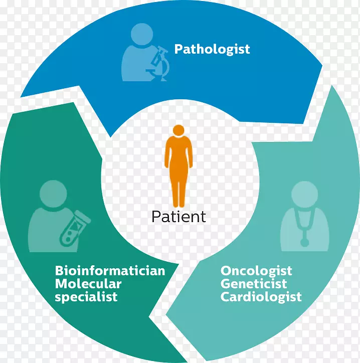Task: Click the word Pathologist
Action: coord(212,50)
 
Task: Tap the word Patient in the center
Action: coord(178,217)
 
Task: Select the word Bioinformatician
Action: coord(110,271)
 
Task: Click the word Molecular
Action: coord(88,284)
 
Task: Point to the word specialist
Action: coord(86,297)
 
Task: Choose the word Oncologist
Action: coord(256,271)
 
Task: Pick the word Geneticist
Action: coord(254,284)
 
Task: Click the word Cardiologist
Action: coord(261,297)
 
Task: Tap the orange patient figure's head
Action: coord(178,130)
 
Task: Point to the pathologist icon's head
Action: coord(142,34)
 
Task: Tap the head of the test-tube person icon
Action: coord(53,194)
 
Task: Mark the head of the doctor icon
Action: coord(304,195)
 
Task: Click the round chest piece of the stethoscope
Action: coord(304,243)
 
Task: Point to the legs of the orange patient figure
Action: coord(178,195)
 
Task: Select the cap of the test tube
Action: coord(83,216)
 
